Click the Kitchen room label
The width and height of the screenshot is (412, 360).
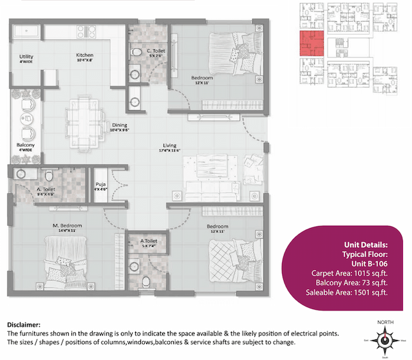tap(85, 55)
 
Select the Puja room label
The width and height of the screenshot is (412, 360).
tap(100, 185)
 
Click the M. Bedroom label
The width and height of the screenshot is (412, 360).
tap(67, 226)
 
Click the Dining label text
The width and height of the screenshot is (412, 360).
tap(119, 125)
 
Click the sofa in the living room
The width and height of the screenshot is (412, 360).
tap(209, 187)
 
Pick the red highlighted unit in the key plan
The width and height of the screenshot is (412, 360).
tap(312, 43)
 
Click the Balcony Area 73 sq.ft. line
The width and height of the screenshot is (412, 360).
tap(350, 283)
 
